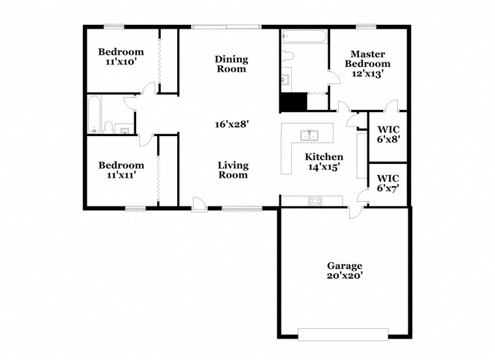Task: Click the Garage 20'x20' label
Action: pos(345,271)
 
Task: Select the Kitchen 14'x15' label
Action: pos(324,161)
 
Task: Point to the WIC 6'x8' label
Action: pos(388,133)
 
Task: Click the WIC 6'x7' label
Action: pos(388,182)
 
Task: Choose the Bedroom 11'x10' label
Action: pos(121,57)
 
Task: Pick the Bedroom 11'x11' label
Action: pos(121,170)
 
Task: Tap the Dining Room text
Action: pos(231,64)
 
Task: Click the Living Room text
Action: pos(233,170)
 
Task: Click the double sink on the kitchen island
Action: pos(309,135)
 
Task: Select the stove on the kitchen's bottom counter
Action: pos(315,201)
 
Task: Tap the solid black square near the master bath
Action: pos(292,103)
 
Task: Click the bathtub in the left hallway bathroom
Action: pos(94,115)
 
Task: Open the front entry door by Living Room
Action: pos(200,205)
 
